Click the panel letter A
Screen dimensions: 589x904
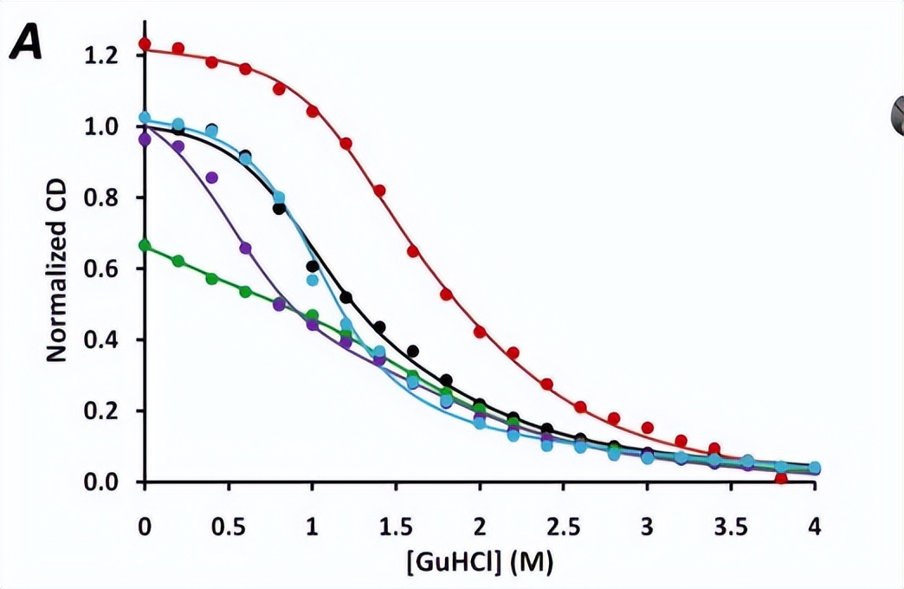[26, 42]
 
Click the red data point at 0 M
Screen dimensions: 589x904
[145, 44]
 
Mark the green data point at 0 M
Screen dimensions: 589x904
[145, 246]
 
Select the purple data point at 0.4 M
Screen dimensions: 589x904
[212, 178]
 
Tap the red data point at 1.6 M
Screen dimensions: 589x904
[413, 251]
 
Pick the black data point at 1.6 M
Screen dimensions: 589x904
[413, 351]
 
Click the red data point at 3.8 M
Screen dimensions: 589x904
[781, 476]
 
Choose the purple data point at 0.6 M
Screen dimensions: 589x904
[245, 249]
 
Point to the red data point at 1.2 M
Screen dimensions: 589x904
[346, 144]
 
